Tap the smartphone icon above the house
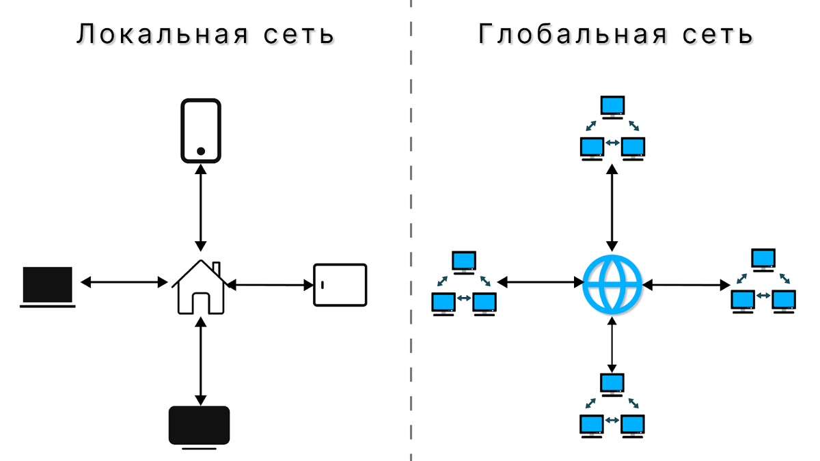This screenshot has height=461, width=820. (x=200, y=130)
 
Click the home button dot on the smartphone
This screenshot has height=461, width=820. (x=201, y=151)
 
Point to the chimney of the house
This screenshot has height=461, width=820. (x=216, y=267)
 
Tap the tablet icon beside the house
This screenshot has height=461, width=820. (x=340, y=284)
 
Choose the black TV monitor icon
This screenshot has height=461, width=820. (x=199, y=426)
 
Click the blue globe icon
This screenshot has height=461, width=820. (x=612, y=283)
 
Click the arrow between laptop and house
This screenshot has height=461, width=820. (x=124, y=281)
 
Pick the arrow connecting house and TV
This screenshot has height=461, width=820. (x=200, y=360)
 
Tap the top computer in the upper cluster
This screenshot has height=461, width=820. (x=612, y=107)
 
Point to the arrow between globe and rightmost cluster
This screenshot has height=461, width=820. (x=685, y=283)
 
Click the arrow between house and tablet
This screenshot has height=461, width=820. (x=268, y=283)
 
